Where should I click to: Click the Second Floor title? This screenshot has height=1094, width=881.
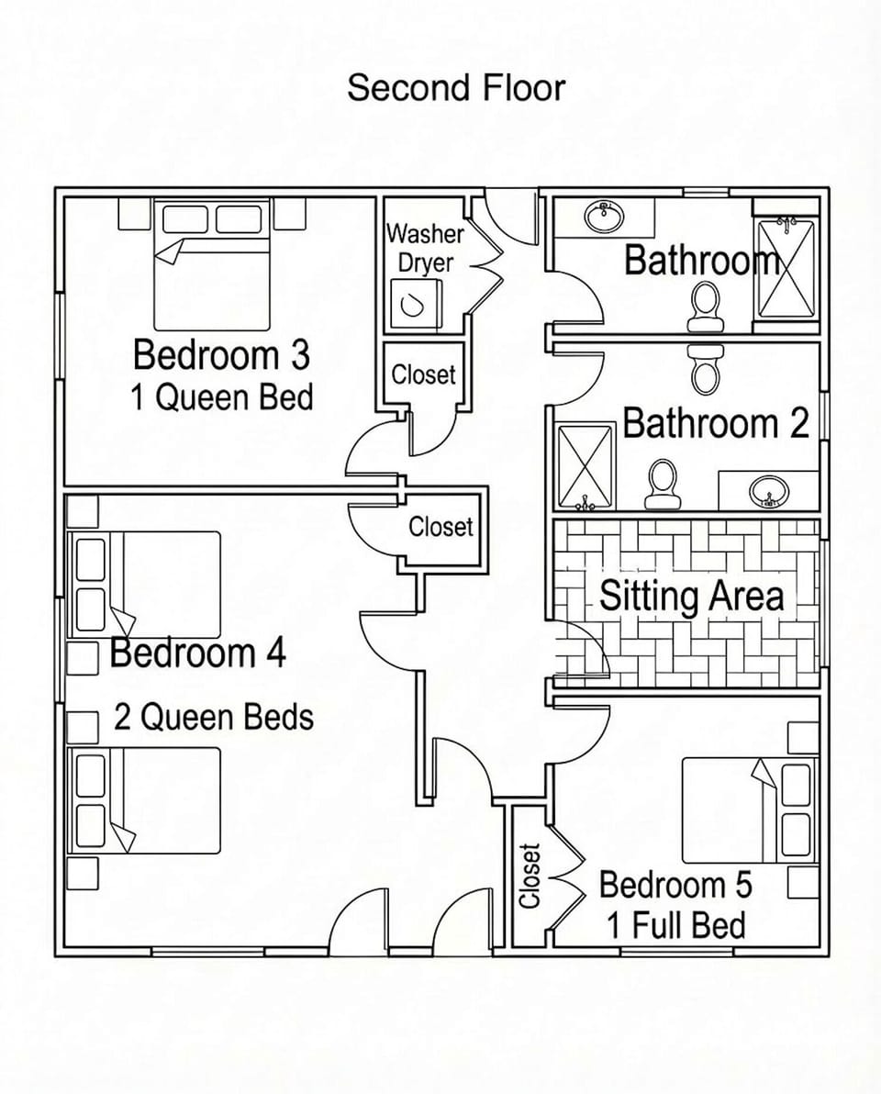point(456,88)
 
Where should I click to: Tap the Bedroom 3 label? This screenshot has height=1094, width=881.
point(221,354)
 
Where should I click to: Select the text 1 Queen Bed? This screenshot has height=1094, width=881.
point(221,397)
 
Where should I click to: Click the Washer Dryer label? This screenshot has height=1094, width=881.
point(424,248)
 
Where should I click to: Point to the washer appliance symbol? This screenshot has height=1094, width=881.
point(415,304)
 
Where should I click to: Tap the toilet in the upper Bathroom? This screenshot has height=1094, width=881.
point(705,306)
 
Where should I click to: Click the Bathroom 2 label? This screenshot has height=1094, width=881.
point(716,424)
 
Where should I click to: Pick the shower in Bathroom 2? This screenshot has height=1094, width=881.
point(585,466)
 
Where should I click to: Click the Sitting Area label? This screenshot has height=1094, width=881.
point(691,597)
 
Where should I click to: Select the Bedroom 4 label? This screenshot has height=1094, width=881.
point(197,653)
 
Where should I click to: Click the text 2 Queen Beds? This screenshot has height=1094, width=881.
point(213,717)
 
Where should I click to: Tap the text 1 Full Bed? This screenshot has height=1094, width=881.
point(675,925)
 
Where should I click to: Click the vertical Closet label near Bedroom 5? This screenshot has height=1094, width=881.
point(530,876)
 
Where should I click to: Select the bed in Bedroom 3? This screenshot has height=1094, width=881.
point(212,266)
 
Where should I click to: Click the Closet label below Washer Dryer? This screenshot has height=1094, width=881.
point(423,374)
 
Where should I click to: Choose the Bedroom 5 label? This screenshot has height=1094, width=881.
point(675,885)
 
